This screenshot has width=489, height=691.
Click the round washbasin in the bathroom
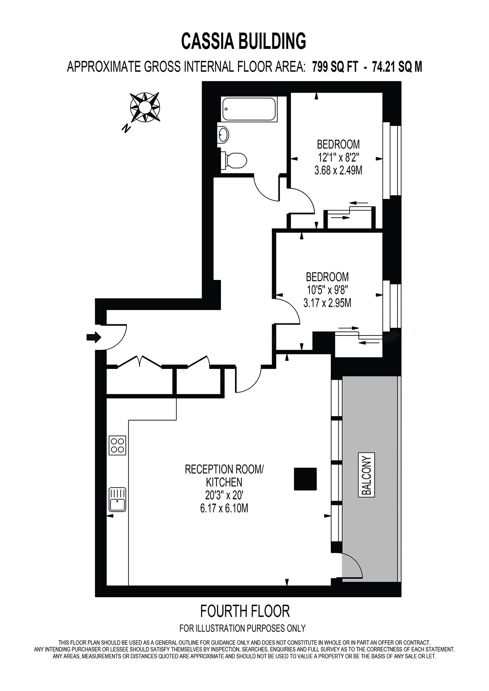click(x=223, y=135)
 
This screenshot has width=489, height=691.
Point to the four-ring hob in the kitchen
click(x=118, y=445)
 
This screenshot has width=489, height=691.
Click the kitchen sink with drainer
click(x=118, y=500)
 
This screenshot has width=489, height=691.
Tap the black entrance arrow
click(x=94, y=337)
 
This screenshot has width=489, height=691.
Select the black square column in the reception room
click(x=305, y=479)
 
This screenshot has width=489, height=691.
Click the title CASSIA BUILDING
click(x=244, y=41)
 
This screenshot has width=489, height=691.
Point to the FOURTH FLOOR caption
click(x=245, y=611)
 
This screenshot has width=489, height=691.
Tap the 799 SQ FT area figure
click(x=335, y=67)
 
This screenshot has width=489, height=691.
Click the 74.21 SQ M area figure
click(x=394, y=67)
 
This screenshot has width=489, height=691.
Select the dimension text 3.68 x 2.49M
click(x=338, y=171)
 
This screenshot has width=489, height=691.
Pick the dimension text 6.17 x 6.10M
click(x=224, y=508)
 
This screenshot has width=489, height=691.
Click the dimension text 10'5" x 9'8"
click(x=327, y=290)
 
